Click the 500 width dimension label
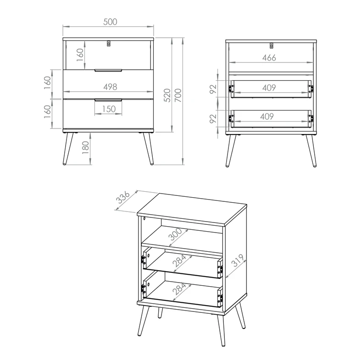click(110, 22)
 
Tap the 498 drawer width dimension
click(110, 87)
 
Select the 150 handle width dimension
click(109, 109)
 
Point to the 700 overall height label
click(178, 95)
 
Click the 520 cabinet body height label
click(167, 95)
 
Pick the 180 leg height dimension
click(85, 148)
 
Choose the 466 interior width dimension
click(269, 57)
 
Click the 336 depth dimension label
click(124, 197)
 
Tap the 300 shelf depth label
click(175, 234)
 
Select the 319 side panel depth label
click(238, 261)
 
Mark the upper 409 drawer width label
click(269, 88)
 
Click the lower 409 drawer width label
click(267, 116)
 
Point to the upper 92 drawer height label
click(213, 89)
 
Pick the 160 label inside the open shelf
click(80, 55)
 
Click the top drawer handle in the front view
click(108, 71)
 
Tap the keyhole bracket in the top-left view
click(109, 44)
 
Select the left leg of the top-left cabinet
click(68, 149)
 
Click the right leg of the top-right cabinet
click(311, 151)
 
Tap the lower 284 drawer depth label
click(179, 289)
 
